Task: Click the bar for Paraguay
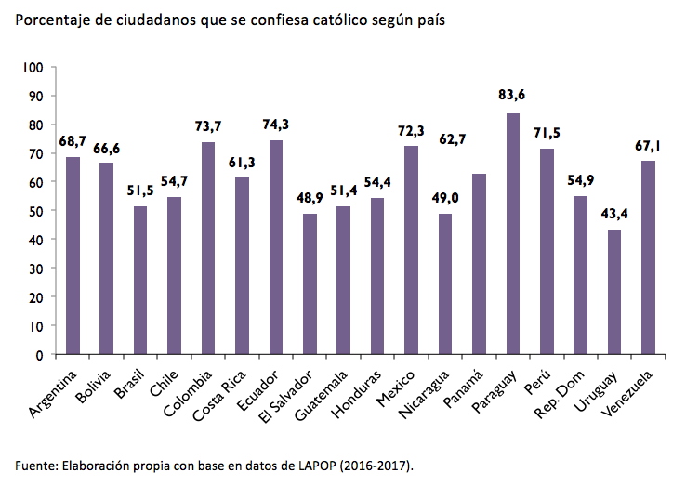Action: [x=513, y=234]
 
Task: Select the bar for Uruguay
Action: [x=614, y=292]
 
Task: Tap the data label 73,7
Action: [x=208, y=125]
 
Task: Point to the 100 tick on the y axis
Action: [x=34, y=68]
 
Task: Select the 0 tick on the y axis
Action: [x=41, y=355]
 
